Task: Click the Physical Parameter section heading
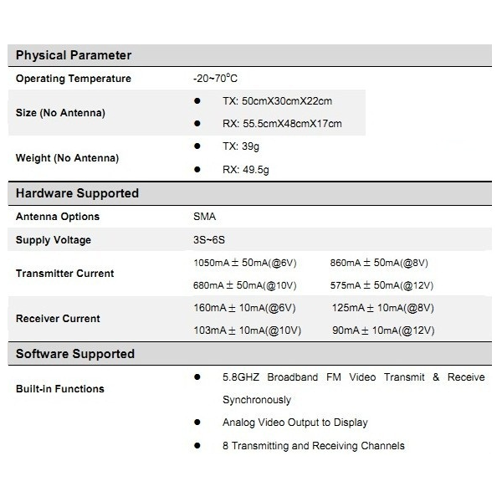point(74,55)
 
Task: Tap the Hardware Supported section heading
point(77,193)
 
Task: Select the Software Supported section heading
point(75,354)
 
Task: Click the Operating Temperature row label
point(74,79)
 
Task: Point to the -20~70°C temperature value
point(215,79)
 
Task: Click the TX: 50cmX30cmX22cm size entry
point(277,101)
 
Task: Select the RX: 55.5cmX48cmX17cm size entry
point(282,124)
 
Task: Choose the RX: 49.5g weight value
point(245,169)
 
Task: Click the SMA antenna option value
point(204,217)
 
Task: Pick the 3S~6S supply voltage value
point(208,240)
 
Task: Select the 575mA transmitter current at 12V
point(382,285)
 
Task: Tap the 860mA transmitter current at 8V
point(379,262)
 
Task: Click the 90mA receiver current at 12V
point(383,330)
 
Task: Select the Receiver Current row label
point(58,319)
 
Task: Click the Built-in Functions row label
point(60,389)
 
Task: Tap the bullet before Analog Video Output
point(197,423)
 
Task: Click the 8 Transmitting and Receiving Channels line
point(313,446)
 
